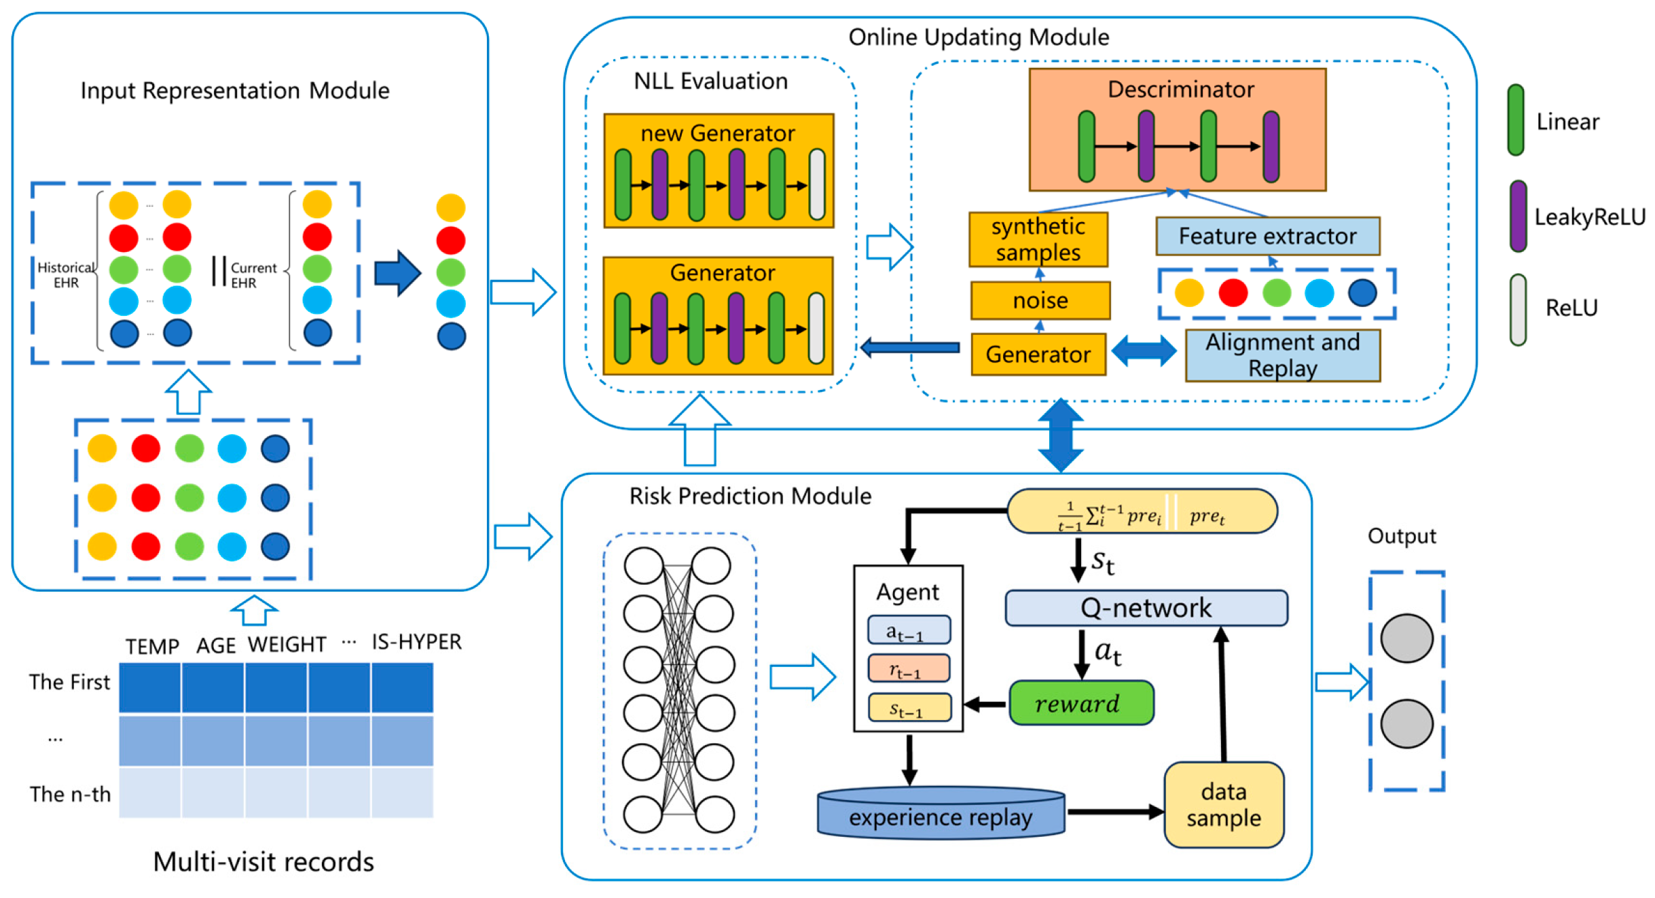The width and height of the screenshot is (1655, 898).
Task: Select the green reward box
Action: pyautogui.click(x=1080, y=703)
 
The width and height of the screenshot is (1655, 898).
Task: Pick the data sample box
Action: pyautogui.click(x=1222, y=804)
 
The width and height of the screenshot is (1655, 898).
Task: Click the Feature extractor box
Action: pyautogui.click(x=1267, y=236)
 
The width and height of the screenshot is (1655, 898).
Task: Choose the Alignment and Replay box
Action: pyautogui.click(x=1281, y=355)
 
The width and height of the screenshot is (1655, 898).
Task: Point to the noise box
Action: pyautogui.click(x=1040, y=300)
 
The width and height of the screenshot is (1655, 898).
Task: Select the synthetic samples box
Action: pyautogui.click(x=1038, y=239)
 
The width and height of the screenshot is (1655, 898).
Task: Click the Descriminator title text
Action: pyautogui.click(x=1180, y=90)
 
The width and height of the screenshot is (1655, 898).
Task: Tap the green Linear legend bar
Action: pyautogui.click(x=1515, y=120)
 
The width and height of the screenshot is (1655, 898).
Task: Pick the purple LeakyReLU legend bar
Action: pyautogui.click(x=1518, y=216)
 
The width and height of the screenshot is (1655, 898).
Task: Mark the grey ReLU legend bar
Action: pyautogui.click(x=1518, y=309)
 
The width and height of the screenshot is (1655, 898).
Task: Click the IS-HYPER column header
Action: pyautogui.click(x=416, y=641)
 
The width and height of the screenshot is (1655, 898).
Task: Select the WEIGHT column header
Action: pyautogui.click(x=287, y=643)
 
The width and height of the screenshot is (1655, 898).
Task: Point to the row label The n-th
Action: pyautogui.click(x=70, y=793)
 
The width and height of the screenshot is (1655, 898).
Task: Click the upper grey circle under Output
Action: pyautogui.click(x=1406, y=638)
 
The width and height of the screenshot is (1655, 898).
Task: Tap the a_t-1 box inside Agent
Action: pyautogui.click(x=908, y=630)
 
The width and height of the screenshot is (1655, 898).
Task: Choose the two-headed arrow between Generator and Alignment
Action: pyautogui.click(x=1144, y=351)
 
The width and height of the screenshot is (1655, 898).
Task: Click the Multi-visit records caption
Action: pyautogui.click(x=263, y=861)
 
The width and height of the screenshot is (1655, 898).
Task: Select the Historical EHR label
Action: pyautogui.click(x=66, y=274)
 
